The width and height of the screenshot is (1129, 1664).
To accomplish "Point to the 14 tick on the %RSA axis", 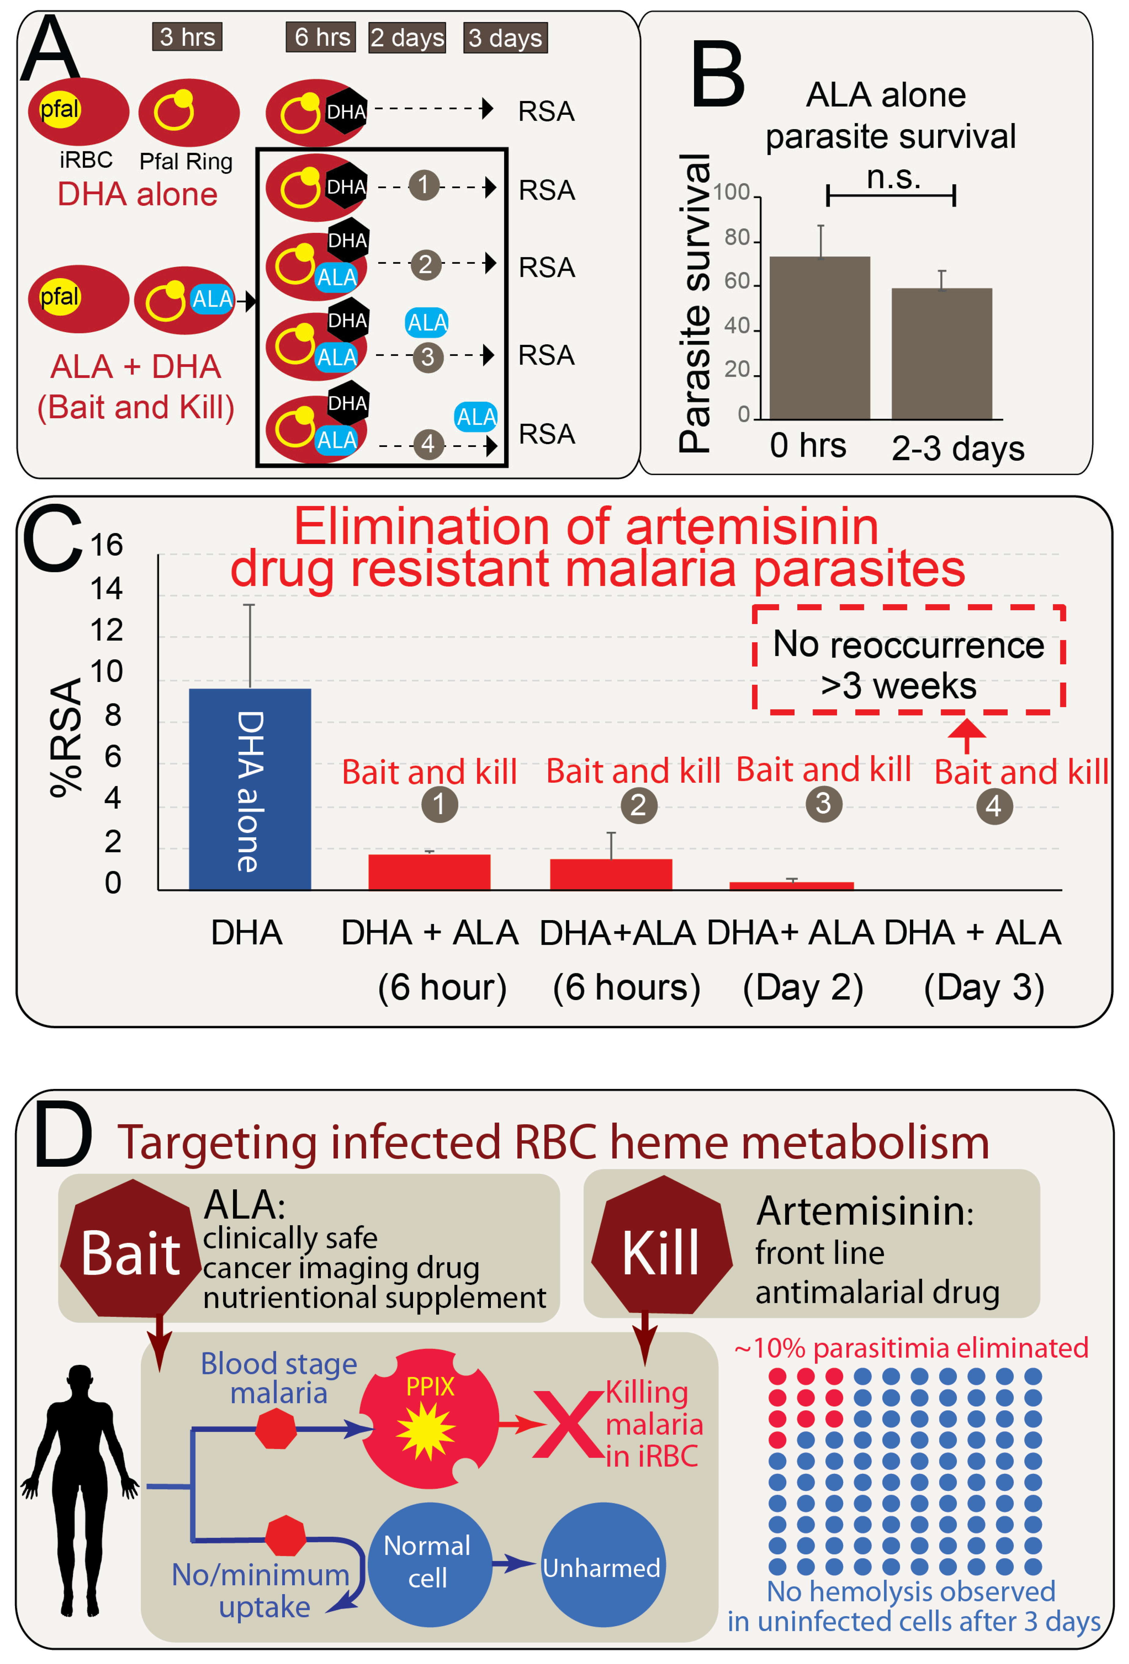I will point(106,589).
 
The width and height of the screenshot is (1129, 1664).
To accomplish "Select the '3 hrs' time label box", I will point(187,37).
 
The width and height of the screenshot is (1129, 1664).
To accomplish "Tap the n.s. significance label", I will point(893,177).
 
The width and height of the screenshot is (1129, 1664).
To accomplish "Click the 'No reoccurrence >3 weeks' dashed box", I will point(908,659).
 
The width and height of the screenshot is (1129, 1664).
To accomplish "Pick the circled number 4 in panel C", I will point(994,806).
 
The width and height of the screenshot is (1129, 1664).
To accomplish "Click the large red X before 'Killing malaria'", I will point(568,1425).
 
